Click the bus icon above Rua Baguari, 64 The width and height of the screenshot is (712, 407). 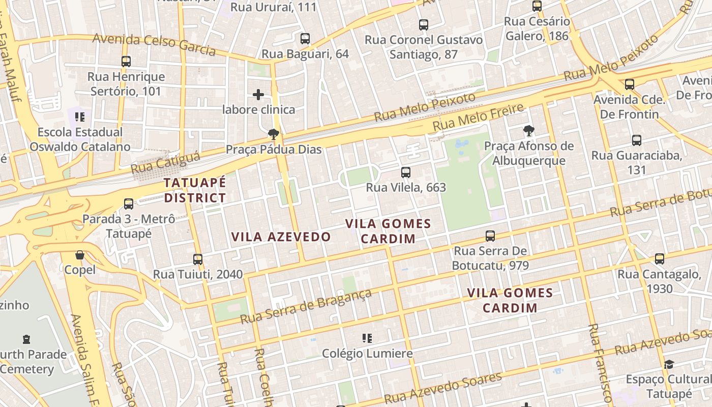point(305,39)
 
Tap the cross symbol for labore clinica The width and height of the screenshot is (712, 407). point(258,95)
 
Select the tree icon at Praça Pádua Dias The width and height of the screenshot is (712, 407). point(274,134)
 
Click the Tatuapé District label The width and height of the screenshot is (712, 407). point(195,190)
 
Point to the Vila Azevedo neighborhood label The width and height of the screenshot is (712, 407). point(281,237)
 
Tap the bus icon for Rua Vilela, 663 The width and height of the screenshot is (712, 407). point(405,172)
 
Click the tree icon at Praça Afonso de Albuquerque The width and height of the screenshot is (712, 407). point(529,131)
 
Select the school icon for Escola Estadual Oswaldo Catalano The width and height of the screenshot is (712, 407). point(80,117)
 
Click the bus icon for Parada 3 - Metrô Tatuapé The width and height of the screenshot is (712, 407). point(129,204)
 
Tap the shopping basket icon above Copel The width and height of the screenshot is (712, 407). point(80,255)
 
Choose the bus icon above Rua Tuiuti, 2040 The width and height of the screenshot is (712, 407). point(198,259)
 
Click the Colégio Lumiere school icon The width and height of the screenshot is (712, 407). point(367,338)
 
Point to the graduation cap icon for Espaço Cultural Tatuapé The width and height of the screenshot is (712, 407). point(669,364)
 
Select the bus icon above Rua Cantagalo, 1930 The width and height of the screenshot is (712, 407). point(660,259)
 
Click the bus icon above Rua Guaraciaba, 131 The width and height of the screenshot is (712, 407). point(636,140)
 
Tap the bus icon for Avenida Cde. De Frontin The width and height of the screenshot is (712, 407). point(630,84)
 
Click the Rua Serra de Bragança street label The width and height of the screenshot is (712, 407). point(306,306)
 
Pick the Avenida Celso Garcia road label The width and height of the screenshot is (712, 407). point(154,44)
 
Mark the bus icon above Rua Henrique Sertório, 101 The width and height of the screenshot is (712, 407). point(126,62)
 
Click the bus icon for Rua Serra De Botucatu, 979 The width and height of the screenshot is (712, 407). point(490,236)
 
